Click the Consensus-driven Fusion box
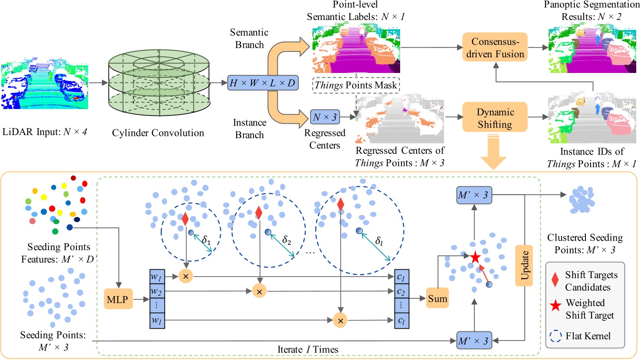click(x=495, y=47)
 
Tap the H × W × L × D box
click(x=263, y=83)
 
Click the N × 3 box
click(x=325, y=117)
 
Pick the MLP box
click(x=118, y=299)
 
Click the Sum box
click(x=437, y=299)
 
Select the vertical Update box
click(x=524, y=265)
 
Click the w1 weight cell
click(x=157, y=277)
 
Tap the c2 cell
click(x=401, y=291)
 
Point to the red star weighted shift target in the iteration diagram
click(x=475, y=257)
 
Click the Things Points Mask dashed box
click(x=356, y=85)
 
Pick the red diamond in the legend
click(x=555, y=280)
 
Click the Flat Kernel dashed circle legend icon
click(x=556, y=337)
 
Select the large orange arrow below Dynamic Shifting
click(x=494, y=152)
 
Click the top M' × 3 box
click(x=473, y=195)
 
